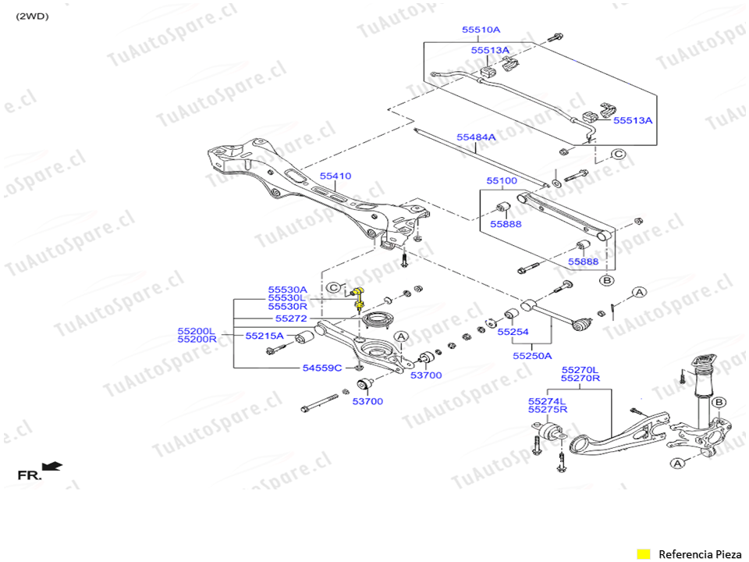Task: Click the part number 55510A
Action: (x=481, y=30)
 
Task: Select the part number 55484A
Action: (x=476, y=137)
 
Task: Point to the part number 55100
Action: (x=502, y=181)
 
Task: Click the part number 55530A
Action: (x=288, y=290)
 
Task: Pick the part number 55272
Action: (x=291, y=319)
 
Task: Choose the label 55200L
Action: (x=196, y=331)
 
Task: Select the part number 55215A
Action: (x=265, y=336)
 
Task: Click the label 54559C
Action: (x=322, y=368)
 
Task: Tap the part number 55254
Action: (x=513, y=332)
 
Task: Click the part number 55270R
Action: (x=580, y=379)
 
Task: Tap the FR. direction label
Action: (x=30, y=475)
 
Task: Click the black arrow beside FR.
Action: (x=52, y=466)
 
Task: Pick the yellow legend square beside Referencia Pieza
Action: (x=644, y=554)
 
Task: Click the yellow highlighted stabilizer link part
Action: (x=360, y=296)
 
